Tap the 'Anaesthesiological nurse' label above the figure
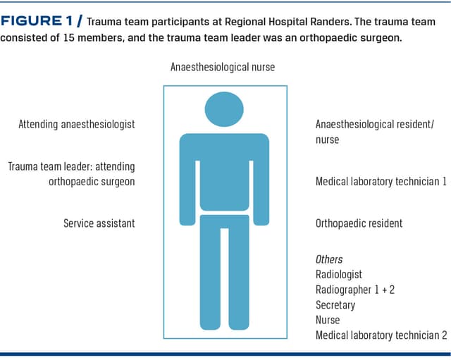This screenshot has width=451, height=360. (x=223, y=68)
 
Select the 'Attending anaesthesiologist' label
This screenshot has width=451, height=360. (x=77, y=125)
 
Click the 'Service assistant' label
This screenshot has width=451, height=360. (x=99, y=223)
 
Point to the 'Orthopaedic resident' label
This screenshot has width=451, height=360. (x=359, y=223)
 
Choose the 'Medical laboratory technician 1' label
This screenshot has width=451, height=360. (x=381, y=182)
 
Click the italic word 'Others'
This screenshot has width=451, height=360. (x=328, y=259)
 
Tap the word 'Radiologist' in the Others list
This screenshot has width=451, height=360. (x=339, y=275)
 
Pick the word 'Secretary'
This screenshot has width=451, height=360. (x=335, y=306)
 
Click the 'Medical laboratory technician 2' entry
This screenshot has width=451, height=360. (x=381, y=336)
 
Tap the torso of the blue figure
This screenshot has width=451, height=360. (x=225, y=173)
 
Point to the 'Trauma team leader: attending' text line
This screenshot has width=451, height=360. (x=71, y=167)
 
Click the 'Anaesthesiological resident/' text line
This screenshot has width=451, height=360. (x=375, y=125)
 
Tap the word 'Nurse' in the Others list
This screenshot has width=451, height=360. (x=328, y=321)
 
